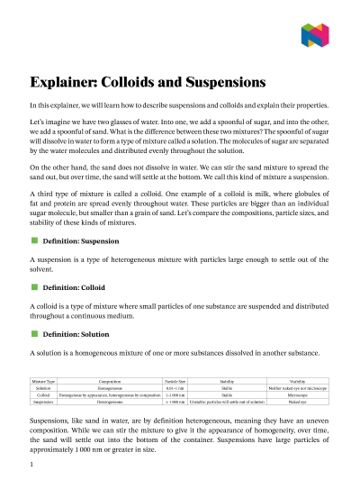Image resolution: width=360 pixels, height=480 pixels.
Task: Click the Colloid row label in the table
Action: (43, 395)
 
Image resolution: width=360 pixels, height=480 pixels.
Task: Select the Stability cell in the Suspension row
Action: (227, 402)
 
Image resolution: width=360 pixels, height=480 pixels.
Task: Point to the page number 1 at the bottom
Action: (31, 465)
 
